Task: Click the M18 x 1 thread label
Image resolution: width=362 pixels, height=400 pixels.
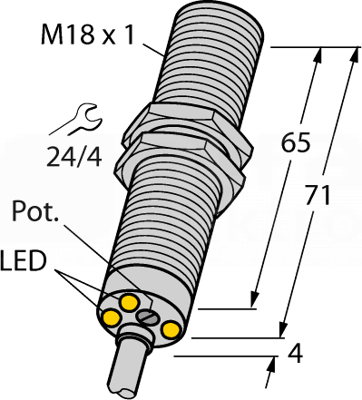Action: click(x=87, y=35)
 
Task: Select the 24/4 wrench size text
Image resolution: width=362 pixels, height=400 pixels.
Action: click(x=73, y=157)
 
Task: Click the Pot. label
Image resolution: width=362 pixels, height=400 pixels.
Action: click(x=35, y=211)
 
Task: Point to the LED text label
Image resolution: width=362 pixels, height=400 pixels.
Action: click(x=23, y=261)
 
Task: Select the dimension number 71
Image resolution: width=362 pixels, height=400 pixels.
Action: click(x=318, y=195)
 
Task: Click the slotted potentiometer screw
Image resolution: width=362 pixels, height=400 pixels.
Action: click(x=146, y=317)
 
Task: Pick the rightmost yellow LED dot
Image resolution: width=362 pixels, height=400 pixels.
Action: click(x=171, y=330)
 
